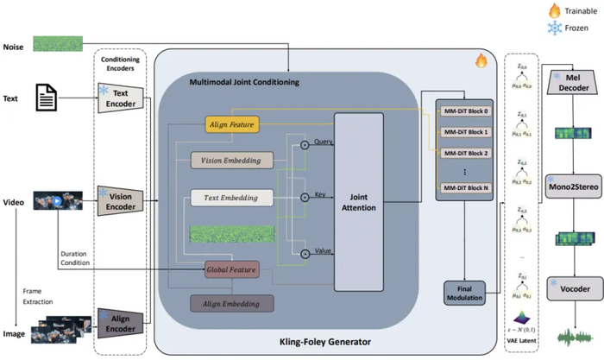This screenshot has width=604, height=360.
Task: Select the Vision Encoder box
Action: coord(121,201)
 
